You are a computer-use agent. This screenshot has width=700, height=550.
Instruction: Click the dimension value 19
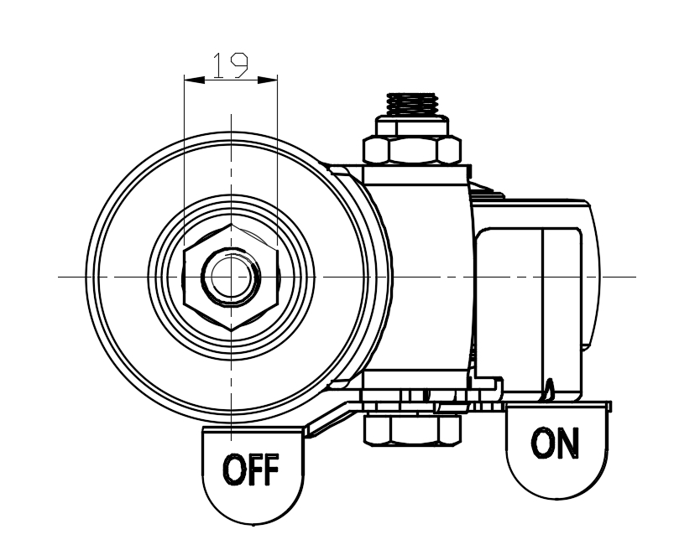pyautogui.click(x=229, y=66)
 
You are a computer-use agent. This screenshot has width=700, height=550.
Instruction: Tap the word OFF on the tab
pyautogui.click(x=249, y=470)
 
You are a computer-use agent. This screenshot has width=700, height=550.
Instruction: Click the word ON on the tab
pyautogui.click(x=555, y=443)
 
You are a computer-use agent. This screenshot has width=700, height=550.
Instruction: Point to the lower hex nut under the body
pyautogui.click(x=413, y=429)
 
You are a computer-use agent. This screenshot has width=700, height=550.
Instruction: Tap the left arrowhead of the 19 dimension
pyautogui.click(x=193, y=80)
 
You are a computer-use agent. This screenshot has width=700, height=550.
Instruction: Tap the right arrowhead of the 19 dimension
pyautogui.click(x=268, y=80)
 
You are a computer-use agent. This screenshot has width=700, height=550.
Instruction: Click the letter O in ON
pyautogui.click(x=541, y=443)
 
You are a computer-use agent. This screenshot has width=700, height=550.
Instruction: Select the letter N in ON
pyautogui.click(x=568, y=443)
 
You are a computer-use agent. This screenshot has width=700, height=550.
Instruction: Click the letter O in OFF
pyautogui.click(x=232, y=470)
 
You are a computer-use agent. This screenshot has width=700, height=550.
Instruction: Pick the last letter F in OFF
pyautogui.click(x=269, y=470)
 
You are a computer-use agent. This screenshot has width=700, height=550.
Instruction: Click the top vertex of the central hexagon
pyautogui.click(x=230, y=224)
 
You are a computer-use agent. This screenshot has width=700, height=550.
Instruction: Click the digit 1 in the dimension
pyautogui.click(x=218, y=66)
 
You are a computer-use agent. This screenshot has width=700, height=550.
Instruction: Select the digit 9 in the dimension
pyautogui.click(x=238, y=66)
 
